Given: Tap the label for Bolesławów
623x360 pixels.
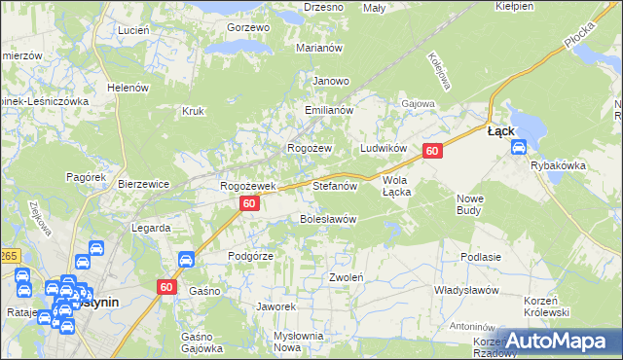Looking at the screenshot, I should point(326,219).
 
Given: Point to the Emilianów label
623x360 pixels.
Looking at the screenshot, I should point(327,111).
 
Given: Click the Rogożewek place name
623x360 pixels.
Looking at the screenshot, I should point(249,185).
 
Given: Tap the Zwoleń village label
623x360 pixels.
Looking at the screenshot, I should point(347,277).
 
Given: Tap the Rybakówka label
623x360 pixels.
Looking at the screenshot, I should point(558,165).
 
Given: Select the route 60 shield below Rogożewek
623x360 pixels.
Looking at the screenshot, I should point(250,203).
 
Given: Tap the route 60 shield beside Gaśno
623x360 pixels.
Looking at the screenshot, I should point(166,286).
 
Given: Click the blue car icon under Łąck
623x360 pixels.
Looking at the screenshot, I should point(518,148).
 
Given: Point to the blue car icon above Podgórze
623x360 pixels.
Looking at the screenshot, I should point(186,259).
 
